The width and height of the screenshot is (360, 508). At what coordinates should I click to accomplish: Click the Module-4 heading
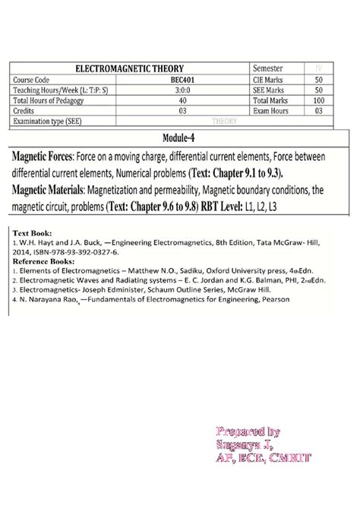coord(179,137)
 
